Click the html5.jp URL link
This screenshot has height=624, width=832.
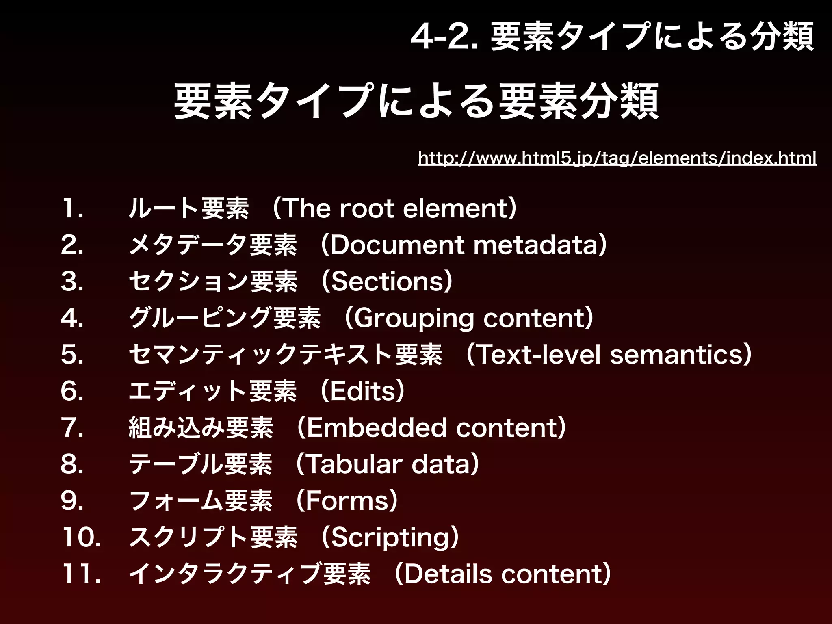pyautogui.click(x=617, y=158)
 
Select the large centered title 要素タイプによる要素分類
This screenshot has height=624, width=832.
pyautogui.click(x=416, y=102)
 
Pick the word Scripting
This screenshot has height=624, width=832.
pyautogui.click(x=390, y=537)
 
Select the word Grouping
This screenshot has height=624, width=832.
pyautogui.click(x=414, y=318)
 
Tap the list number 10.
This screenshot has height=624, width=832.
pyautogui.click(x=81, y=537)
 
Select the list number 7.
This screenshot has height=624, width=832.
pyautogui.click(x=72, y=427)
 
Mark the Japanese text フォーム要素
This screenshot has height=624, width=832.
pyautogui.click(x=200, y=500)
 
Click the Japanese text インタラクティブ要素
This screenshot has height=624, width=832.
pyautogui.click(x=249, y=574)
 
